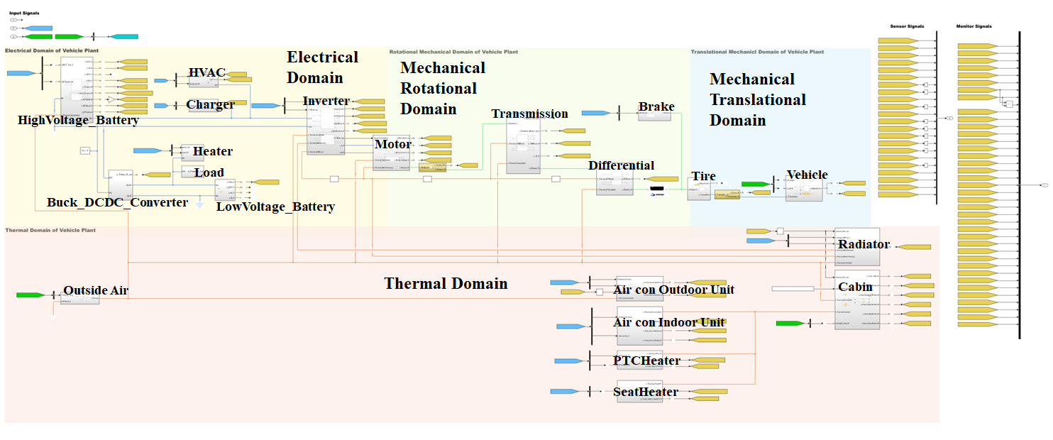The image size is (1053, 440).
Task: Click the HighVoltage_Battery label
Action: pos(78,121)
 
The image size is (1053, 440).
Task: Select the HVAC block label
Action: pos(207,73)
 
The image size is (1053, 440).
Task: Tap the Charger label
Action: pos(211,104)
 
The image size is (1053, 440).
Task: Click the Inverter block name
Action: pos(326,101)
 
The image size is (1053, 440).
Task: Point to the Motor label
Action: pos(393,144)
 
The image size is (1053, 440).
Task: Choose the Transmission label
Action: pos(530,114)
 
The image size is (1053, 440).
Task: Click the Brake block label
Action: pos(656,107)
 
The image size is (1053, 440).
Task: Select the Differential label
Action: pos(621,165)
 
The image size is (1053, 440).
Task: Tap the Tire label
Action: pos(704,176)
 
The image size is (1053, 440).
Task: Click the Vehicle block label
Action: pos(807,175)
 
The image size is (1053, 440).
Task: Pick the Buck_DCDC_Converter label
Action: pos(118,202)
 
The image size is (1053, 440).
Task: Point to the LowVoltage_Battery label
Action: pos(275,207)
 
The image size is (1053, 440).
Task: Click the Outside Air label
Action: pos(96,290)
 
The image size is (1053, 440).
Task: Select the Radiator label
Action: pos(864,244)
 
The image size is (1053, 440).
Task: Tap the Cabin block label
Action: pos(855,287)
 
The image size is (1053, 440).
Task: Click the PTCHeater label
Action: pos(646,361)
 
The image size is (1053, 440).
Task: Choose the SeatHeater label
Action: pos(646,392)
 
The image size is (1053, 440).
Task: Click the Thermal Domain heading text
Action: pos(446,284)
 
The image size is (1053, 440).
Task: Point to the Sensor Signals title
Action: pos(907,26)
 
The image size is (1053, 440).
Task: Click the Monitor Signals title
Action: pos(974,26)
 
